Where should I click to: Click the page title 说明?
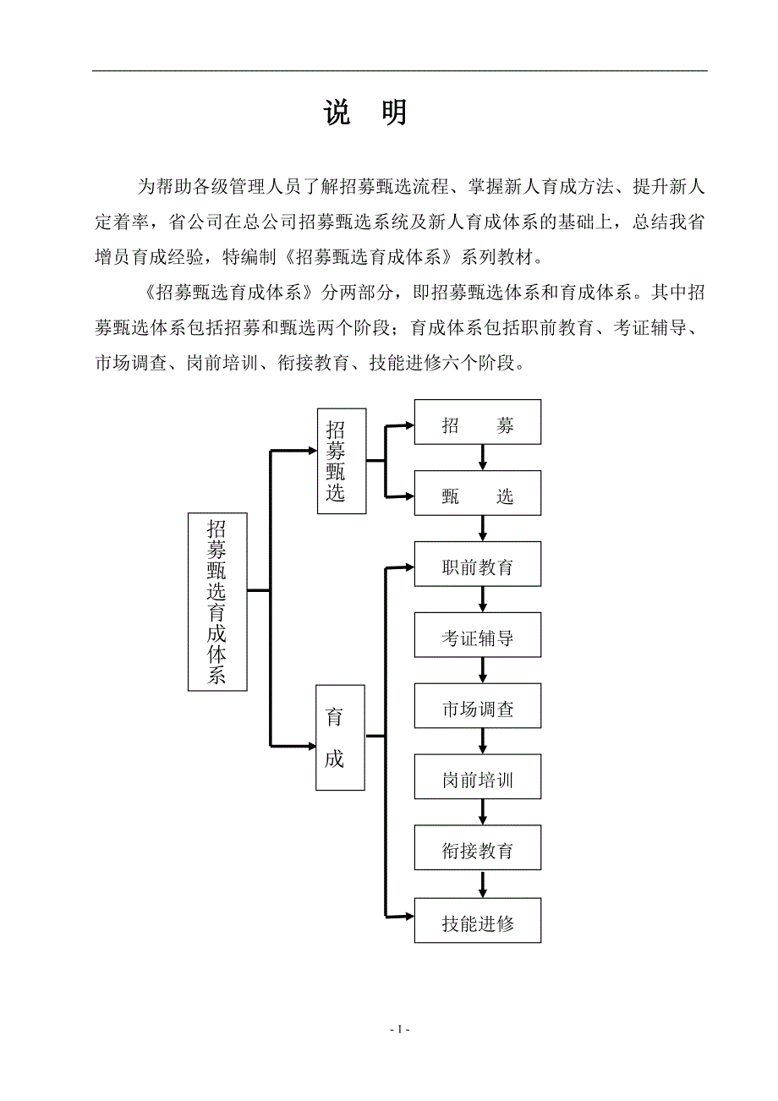point(366,113)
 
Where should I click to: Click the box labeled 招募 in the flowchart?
point(477,425)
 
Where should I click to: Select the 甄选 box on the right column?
point(477,496)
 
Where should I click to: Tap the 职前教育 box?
point(477,567)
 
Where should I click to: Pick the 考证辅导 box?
point(477,638)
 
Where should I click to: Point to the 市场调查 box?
point(477,709)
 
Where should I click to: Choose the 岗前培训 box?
point(477,781)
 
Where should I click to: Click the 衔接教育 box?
point(477,851)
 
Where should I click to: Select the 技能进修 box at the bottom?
point(477,923)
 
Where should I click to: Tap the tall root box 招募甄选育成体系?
point(216,601)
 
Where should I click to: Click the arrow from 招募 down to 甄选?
point(483,457)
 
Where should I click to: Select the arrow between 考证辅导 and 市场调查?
point(483,671)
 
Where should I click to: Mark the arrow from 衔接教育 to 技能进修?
point(483,884)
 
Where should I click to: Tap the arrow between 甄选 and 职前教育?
point(483,529)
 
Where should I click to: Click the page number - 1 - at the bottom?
point(400,1029)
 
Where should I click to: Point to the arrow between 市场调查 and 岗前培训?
point(483,742)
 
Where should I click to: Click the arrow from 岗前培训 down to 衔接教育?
point(483,813)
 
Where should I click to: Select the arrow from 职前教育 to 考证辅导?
point(483,600)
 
